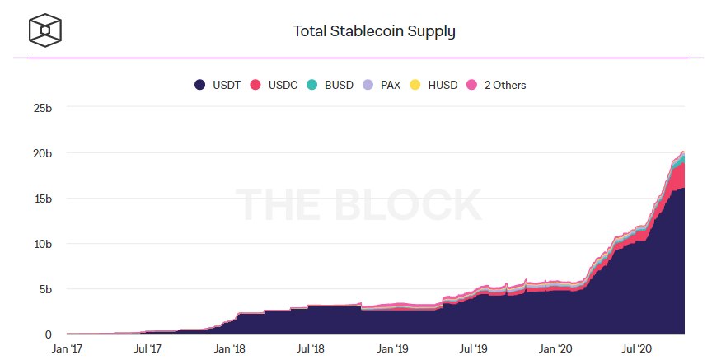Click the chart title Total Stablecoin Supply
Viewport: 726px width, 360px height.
374,32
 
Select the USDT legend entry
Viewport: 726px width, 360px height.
218,85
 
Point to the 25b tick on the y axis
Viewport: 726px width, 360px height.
42,108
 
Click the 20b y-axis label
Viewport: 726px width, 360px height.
42,153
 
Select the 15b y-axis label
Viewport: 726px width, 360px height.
42,199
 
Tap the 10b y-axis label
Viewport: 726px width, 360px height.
42,244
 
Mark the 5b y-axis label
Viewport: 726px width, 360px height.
45,289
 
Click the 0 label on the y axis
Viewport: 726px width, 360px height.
49,334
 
